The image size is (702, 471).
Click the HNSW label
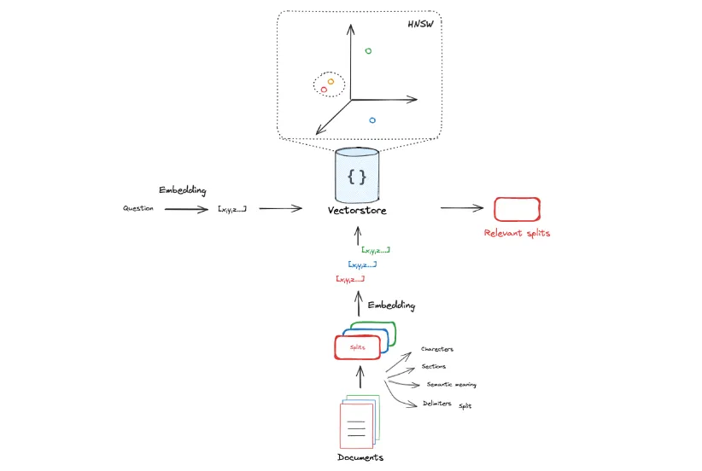point(420,24)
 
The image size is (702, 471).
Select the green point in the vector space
point(368,51)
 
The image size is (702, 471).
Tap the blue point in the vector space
point(372,120)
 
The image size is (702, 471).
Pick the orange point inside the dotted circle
point(331,81)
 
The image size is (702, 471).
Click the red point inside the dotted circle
point(324,90)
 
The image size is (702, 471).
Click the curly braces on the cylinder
point(357,177)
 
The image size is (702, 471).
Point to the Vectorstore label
point(357,210)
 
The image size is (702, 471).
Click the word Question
point(137,208)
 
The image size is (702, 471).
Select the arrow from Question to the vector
point(186,209)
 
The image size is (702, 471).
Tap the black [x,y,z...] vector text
point(232,209)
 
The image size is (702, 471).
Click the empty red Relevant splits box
point(517,209)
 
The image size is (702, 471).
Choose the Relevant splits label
point(517,233)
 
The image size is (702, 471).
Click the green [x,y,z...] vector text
point(376,250)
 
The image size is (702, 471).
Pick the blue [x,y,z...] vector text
point(362,265)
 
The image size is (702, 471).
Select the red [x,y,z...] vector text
point(350,279)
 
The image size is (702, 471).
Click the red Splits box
point(357,347)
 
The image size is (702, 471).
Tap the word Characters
point(437,349)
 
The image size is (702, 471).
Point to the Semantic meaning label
point(451,384)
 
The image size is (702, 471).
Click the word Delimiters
point(437,404)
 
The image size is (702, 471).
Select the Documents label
point(360,457)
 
